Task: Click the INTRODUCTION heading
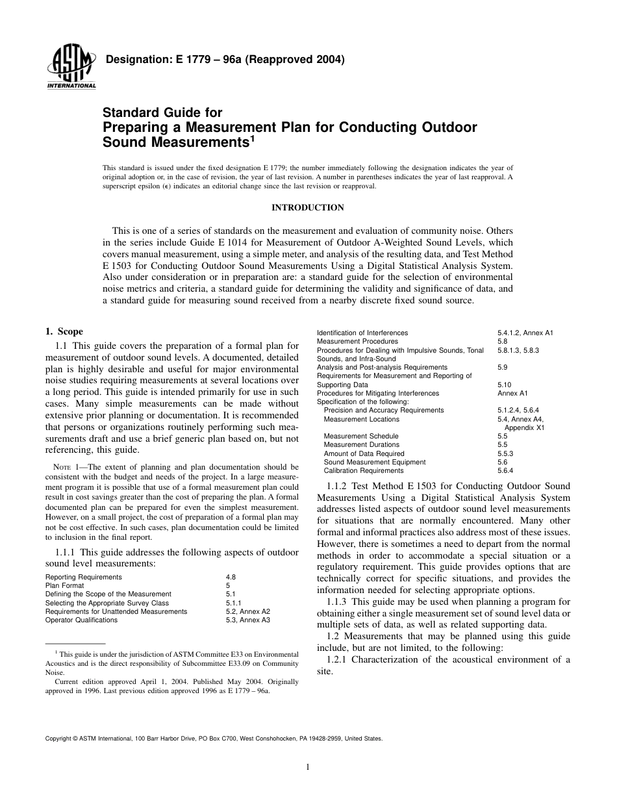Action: [307, 208]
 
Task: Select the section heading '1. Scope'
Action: [64, 331]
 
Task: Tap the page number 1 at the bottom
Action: [308, 767]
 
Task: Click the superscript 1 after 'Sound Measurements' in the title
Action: [252, 137]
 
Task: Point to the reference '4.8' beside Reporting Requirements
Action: [231, 577]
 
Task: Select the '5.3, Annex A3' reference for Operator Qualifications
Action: [247, 620]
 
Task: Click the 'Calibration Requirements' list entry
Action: [363, 470]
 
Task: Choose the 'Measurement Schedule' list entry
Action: [361, 436]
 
